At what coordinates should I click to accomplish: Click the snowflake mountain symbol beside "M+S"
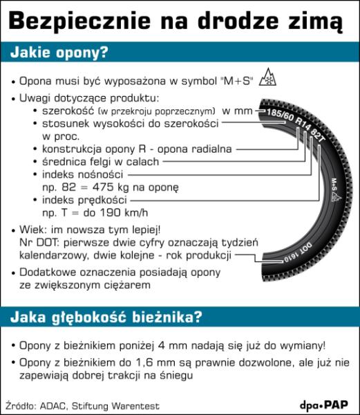tap(264, 81)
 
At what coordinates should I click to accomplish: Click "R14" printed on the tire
tap(301, 125)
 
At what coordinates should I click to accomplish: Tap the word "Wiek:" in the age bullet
tap(32, 228)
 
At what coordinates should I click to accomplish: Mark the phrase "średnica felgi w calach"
tap(100, 161)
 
